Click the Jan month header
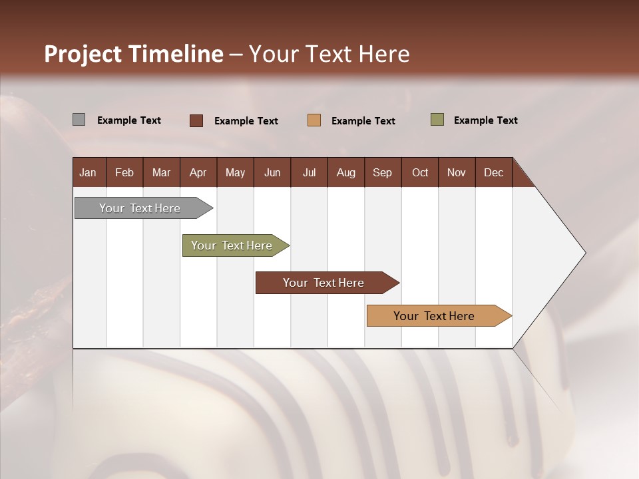pos(88,172)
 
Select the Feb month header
pos(124,172)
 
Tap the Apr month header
pos(198,172)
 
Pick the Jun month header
pos(272,172)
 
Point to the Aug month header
pos(345,172)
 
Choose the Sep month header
pos(382,172)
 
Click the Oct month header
pos(420,172)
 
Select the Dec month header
pos(493,172)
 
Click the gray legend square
pos(79,120)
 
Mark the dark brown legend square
pos(196,120)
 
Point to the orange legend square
pos(314,120)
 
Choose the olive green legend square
pos(437,120)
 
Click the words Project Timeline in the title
pos(133,54)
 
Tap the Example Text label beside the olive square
pos(485,120)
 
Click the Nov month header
pos(457,172)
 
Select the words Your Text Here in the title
pos(329,54)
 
